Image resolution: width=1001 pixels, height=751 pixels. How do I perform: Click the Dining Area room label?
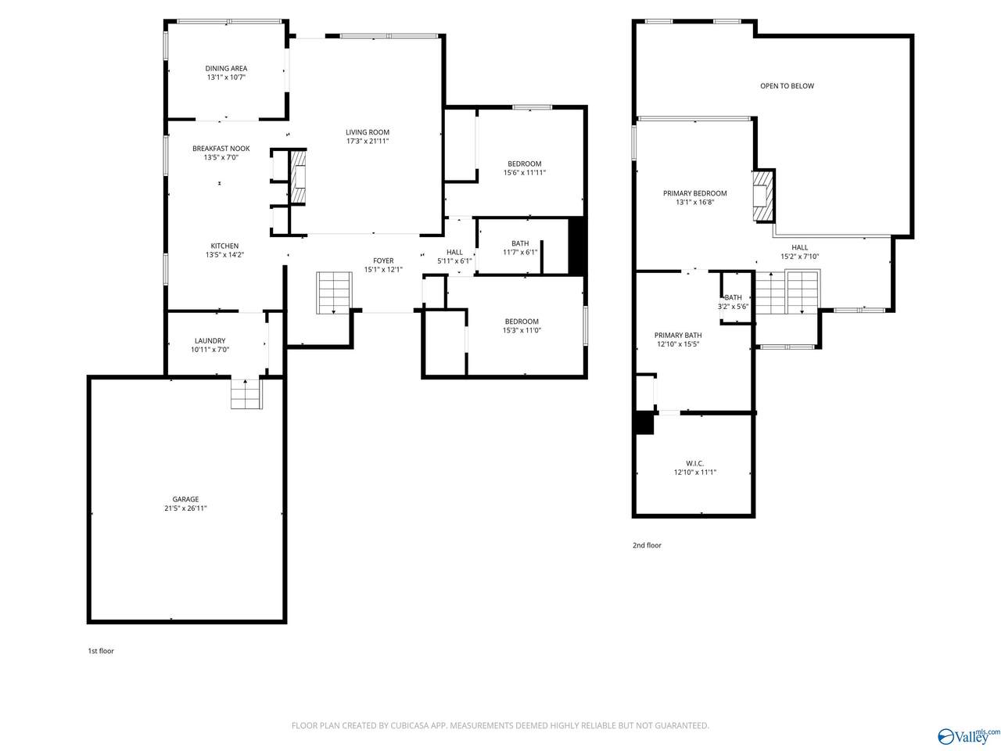[226, 68]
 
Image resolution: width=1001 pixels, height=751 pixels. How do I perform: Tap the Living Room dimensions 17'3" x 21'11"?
[367, 141]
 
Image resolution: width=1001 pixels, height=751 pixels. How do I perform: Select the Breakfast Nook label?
[221, 148]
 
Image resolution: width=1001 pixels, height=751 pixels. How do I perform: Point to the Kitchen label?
[224, 246]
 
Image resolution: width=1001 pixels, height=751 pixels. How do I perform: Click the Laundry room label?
[210, 340]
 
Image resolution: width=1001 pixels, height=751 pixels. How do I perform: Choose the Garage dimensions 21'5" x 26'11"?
[185, 508]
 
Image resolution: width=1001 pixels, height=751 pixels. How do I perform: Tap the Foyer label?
[383, 261]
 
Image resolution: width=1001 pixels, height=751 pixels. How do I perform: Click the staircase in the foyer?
[334, 293]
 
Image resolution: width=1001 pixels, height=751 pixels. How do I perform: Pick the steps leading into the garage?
[246, 393]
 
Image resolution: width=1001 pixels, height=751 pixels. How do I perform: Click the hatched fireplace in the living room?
[298, 177]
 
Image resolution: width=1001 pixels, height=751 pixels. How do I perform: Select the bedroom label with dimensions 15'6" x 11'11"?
[525, 167]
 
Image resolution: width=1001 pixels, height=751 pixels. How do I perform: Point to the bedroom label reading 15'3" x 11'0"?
[522, 325]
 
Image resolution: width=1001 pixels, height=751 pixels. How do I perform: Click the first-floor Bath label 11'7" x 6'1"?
[520, 248]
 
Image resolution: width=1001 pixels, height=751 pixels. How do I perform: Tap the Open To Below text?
[787, 86]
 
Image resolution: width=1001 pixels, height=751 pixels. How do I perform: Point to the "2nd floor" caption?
[646, 545]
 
